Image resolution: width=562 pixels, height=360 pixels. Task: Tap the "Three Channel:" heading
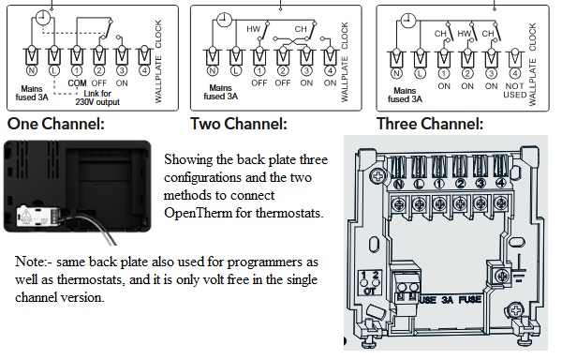point(430,124)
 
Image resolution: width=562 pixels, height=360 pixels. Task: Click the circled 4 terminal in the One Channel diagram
point(144,69)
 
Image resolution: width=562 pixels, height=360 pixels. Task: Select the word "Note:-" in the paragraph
point(36,262)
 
